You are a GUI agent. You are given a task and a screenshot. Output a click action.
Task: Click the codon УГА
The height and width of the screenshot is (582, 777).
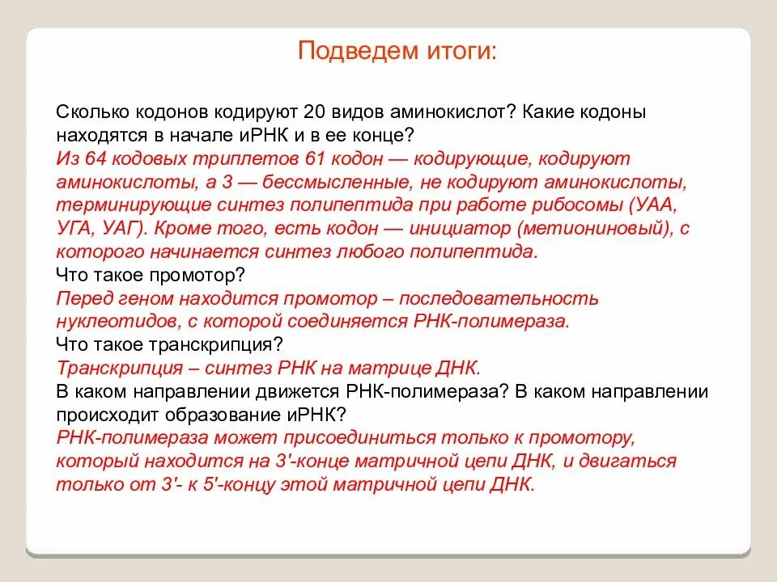(74, 228)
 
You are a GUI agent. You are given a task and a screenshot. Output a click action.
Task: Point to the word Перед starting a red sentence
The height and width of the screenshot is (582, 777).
(83, 298)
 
